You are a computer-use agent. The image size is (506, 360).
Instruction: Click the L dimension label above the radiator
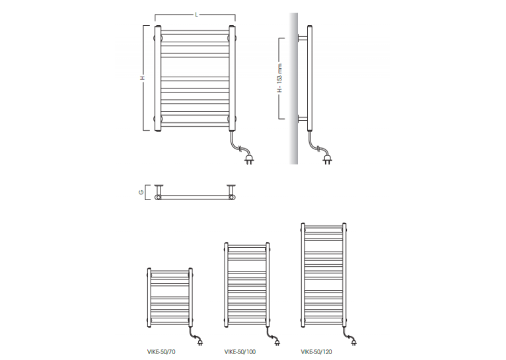(196, 15)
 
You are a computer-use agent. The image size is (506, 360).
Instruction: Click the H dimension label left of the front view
(142, 78)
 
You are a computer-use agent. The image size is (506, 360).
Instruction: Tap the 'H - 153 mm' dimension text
(279, 78)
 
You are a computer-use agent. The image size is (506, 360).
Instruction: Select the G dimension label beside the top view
(141, 192)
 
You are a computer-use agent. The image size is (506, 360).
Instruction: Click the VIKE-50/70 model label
(161, 351)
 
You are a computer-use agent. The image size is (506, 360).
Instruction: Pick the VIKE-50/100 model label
(240, 351)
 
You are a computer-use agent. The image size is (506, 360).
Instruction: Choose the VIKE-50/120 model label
(316, 351)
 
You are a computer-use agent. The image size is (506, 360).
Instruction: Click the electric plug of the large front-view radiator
(249, 159)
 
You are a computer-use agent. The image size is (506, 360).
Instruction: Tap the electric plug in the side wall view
(327, 159)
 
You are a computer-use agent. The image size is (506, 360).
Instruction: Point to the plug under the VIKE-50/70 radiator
(200, 342)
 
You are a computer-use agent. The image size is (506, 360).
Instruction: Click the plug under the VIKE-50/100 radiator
(277, 342)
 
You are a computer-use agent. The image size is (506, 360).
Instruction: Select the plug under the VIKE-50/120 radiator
(353, 342)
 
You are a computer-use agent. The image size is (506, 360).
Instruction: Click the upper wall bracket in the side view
(303, 38)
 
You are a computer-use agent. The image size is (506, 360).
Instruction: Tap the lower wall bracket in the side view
(303, 119)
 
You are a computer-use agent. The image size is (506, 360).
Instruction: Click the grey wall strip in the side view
(293, 89)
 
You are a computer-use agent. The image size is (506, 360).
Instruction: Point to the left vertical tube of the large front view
(158, 79)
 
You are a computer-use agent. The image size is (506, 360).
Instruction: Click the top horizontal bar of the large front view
(195, 31)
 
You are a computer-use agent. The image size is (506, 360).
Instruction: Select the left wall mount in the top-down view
(158, 192)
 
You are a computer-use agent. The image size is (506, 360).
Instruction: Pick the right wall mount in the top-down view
(231, 192)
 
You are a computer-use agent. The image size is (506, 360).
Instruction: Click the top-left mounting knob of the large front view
(155, 38)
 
